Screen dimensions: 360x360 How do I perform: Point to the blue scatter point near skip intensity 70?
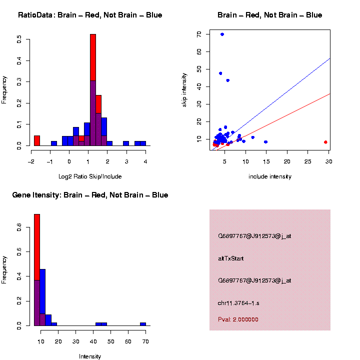(x=222, y=34)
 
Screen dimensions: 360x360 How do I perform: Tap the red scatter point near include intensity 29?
(x=325, y=142)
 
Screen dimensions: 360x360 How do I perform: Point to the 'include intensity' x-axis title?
(x=269, y=176)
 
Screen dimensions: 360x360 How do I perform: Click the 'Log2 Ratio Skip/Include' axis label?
(x=90, y=176)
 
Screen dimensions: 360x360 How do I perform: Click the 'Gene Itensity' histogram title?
(x=90, y=195)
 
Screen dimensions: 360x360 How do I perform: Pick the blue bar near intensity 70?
(x=143, y=323)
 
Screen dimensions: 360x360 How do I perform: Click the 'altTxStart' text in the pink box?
(x=231, y=258)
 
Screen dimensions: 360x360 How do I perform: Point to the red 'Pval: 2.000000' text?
(x=238, y=319)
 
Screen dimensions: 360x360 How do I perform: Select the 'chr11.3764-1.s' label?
(x=238, y=303)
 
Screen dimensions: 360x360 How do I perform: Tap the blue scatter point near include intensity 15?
(x=265, y=142)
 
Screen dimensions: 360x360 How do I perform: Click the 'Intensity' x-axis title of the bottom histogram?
(x=90, y=356)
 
